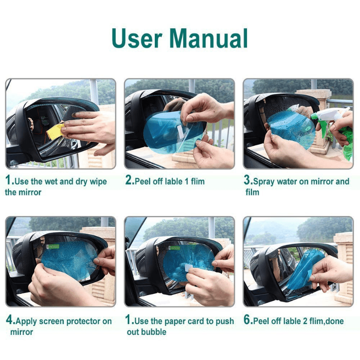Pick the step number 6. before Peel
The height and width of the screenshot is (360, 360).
tap(248, 321)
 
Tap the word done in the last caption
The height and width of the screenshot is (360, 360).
tap(336, 322)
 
